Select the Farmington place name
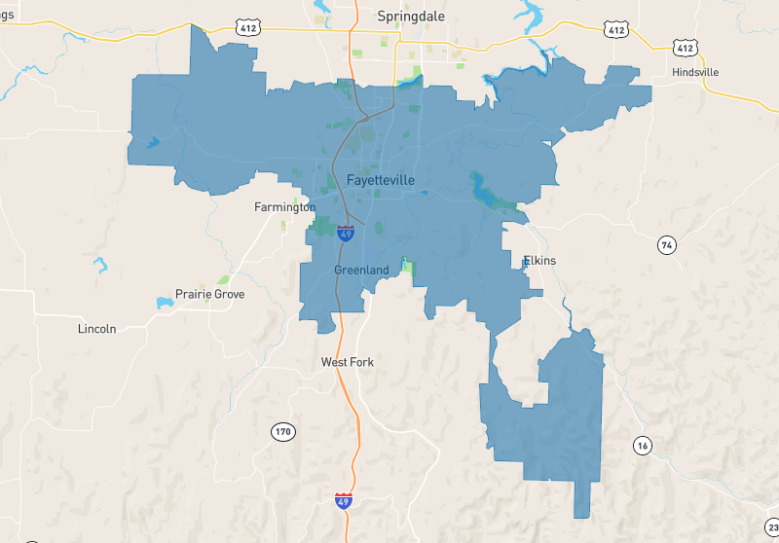coord(284,207)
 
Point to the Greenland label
coord(361,270)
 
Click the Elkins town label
coord(538,261)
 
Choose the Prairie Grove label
coord(209,294)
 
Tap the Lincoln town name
coord(96,329)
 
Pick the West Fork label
coord(348,362)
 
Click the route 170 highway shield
coord(282,430)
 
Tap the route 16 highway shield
coord(641,446)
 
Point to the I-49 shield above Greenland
coord(346,233)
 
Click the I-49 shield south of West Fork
coord(343,502)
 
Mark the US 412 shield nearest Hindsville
coord(686,47)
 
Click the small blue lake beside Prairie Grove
coord(164,303)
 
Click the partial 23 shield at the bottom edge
coord(773,536)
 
